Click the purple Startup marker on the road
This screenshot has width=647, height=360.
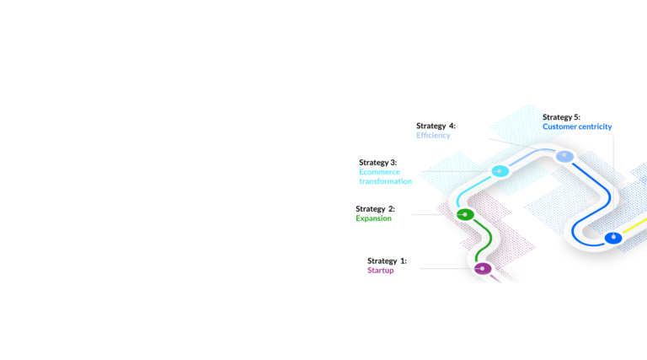[x=483, y=269]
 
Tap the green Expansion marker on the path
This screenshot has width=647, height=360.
[x=465, y=214]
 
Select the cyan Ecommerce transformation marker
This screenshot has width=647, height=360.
[x=500, y=171]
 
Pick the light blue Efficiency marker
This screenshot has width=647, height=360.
[x=565, y=156]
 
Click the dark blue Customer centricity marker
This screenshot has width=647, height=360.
[x=613, y=238]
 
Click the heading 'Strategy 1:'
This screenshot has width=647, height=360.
[x=387, y=261]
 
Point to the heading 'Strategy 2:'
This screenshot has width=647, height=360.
[x=375, y=209]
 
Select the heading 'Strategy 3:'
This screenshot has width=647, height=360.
[x=378, y=162]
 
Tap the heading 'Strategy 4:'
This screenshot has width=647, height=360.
[x=436, y=126]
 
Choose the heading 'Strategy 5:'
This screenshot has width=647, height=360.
[x=561, y=117]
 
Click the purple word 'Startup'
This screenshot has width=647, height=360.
[x=381, y=271]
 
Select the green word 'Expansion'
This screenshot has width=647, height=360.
[x=373, y=218]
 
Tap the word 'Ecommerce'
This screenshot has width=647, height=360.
[x=379, y=172]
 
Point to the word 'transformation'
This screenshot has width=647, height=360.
[x=385, y=181]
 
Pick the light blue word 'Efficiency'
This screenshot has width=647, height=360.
[x=433, y=135]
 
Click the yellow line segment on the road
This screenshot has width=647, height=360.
[x=634, y=226]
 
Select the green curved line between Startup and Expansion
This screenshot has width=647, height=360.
[x=485, y=240]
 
